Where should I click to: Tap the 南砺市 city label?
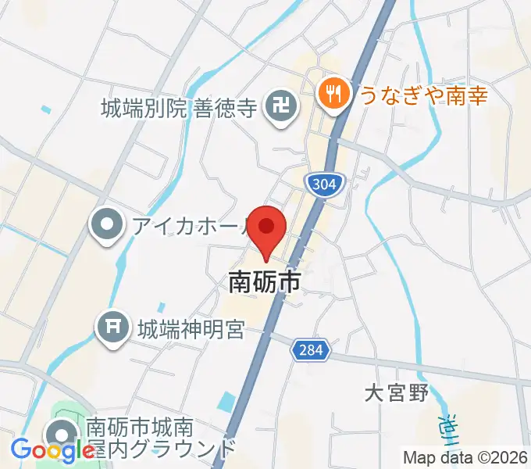[x=264, y=281]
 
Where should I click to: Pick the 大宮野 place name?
[x=397, y=393]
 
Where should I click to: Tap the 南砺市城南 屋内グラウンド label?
[x=160, y=438]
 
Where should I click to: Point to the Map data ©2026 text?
[x=465, y=456]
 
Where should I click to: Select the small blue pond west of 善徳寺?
[x=45, y=109]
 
